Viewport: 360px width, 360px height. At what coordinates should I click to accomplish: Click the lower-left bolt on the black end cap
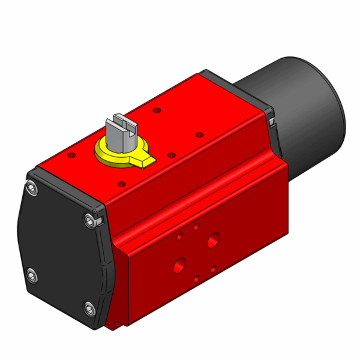tap(31, 275)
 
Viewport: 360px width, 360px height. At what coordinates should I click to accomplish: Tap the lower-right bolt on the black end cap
tap(89, 309)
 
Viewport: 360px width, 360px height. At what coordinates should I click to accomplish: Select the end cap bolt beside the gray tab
tap(89, 222)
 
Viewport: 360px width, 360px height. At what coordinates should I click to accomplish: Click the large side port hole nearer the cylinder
tap(213, 241)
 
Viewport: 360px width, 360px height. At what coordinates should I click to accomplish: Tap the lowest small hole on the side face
tap(196, 278)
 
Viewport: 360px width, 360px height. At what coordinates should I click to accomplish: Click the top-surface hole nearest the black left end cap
tap(73, 155)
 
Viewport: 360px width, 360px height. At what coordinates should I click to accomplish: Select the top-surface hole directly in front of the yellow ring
tap(122, 183)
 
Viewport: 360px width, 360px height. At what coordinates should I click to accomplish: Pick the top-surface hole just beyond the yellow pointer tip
tap(172, 155)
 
